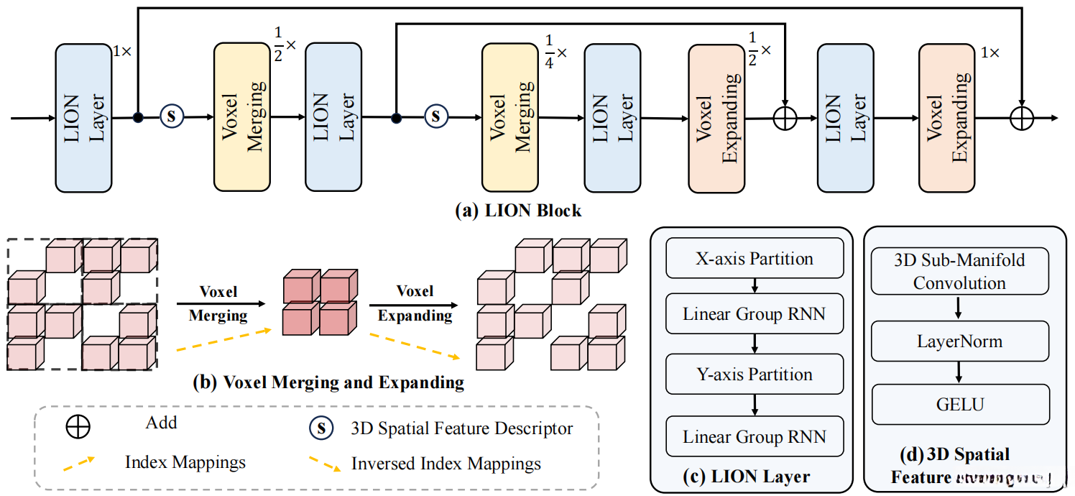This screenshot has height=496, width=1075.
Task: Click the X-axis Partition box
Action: point(755,259)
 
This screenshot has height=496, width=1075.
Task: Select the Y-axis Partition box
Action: point(755,375)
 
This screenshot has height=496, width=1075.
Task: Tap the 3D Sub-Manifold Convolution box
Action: point(959,271)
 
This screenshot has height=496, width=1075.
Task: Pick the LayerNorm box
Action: point(959,341)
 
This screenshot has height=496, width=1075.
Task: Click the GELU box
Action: point(959,405)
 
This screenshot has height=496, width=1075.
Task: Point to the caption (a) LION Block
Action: point(518,211)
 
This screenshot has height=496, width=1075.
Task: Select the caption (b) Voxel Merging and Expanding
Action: point(328,382)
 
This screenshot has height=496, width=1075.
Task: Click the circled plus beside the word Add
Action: point(78,427)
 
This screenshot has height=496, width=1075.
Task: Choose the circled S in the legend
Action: point(321,429)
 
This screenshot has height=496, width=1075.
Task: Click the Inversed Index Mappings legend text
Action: point(446,464)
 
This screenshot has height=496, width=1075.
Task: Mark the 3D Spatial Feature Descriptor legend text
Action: point(462,429)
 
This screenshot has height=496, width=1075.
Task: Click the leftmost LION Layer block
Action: point(84,118)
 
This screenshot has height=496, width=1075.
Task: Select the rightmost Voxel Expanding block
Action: point(947,118)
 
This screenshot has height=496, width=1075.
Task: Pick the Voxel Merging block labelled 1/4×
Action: point(510,118)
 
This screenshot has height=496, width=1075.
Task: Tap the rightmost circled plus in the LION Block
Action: point(1021,118)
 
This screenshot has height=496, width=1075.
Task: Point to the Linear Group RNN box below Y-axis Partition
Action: point(755,436)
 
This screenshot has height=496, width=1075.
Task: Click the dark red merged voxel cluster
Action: point(319,302)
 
